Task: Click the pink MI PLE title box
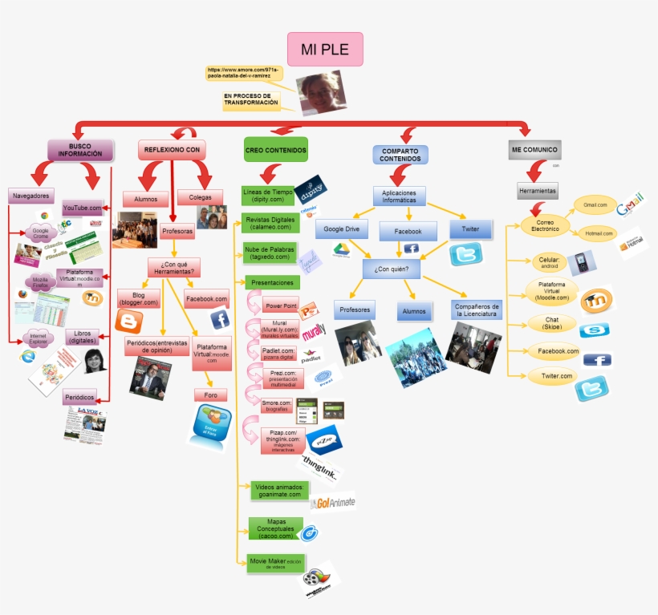(325, 49)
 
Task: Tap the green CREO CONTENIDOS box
(275, 149)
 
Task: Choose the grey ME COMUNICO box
(534, 149)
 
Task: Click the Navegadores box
(31, 195)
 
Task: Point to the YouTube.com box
(83, 208)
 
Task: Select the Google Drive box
(341, 229)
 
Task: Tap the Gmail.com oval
(595, 205)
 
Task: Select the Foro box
(211, 394)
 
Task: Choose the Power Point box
(281, 305)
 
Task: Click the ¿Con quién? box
(392, 269)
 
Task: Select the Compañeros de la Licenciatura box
(477, 310)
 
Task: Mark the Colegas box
(200, 197)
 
